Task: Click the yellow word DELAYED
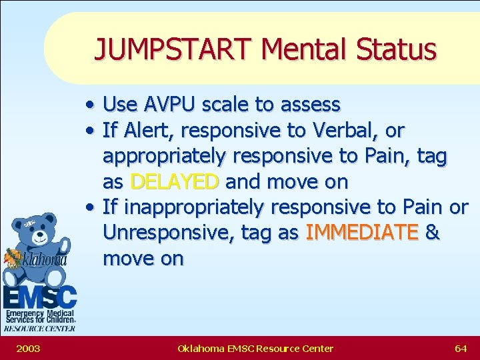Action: pos(175,181)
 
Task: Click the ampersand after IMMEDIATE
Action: pos(432,233)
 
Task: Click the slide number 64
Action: pos(460,348)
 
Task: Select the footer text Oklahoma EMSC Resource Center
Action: pos(255,348)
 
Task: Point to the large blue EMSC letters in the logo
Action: pos(40,296)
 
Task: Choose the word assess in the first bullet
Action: pos(311,105)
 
